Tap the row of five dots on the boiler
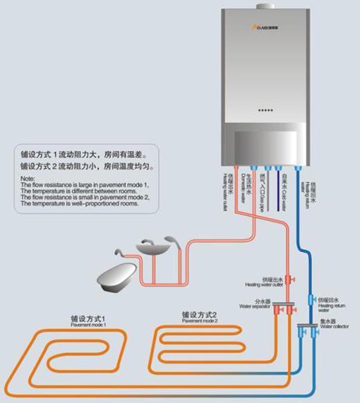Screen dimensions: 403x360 (265, 110)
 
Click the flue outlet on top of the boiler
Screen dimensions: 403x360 (264, 7)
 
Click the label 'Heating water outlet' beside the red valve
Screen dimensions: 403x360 (263, 283)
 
